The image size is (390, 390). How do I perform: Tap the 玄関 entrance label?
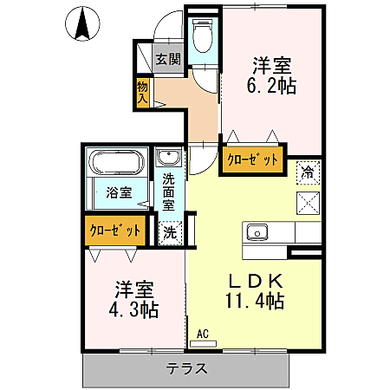point(168,60)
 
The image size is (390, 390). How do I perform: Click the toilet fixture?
point(202,38)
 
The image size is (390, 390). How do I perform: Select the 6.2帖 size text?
point(272,86)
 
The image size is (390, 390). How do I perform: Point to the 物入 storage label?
point(142,91)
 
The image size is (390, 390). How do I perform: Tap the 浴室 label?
point(119,192)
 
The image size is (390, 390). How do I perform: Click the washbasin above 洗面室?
point(168,158)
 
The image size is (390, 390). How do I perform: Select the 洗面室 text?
point(168,192)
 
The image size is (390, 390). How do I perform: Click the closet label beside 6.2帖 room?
point(253,159)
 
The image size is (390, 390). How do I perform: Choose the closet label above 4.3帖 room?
point(114,231)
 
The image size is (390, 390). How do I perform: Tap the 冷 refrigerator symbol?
point(308,171)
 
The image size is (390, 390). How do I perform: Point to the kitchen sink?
point(257,231)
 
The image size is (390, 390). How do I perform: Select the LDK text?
point(256,281)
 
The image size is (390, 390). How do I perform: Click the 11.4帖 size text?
point(255,301)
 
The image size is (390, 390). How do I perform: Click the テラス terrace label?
point(187,368)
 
